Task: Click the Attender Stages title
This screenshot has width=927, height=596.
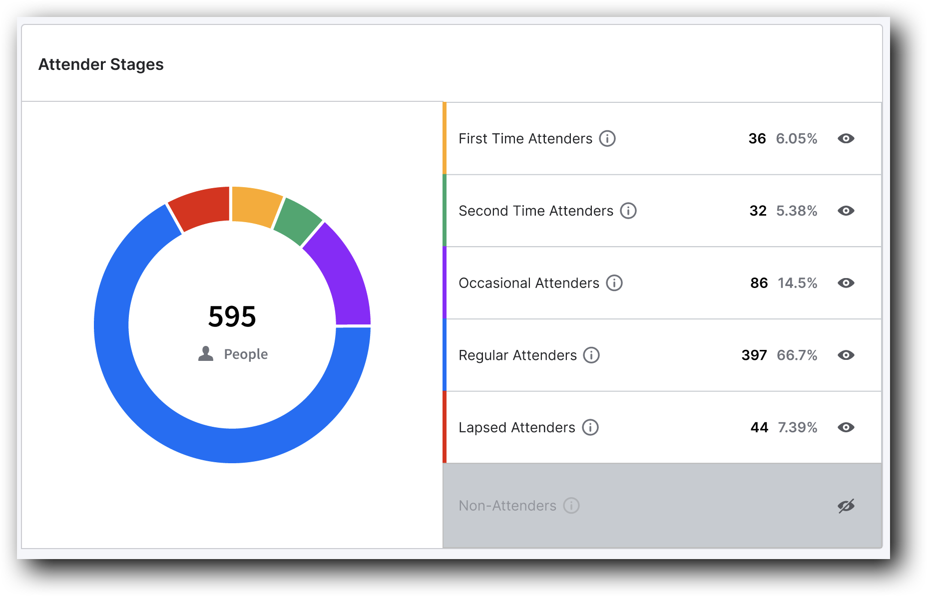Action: point(101,64)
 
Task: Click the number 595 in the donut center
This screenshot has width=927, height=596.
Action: point(232,316)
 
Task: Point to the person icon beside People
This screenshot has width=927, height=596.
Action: point(206,353)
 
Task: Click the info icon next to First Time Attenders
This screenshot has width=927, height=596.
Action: point(607,138)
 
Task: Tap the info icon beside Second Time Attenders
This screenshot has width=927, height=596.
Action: point(628,211)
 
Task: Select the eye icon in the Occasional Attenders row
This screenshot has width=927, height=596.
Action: point(846,283)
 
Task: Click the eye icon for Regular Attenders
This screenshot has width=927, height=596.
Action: point(846,355)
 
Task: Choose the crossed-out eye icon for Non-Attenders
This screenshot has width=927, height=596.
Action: point(846,506)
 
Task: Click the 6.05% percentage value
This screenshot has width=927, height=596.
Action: point(796,138)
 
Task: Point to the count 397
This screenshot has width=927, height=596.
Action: point(754,355)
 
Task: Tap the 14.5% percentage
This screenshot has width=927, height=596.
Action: point(797,283)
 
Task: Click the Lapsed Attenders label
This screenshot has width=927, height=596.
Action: point(516,427)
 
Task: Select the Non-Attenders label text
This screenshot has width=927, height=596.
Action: point(507,506)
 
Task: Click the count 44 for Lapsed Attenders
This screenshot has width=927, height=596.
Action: point(759,427)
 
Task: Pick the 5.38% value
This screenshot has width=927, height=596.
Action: point(796,211)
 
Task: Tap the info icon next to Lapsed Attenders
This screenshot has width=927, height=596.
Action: point(590,427)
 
